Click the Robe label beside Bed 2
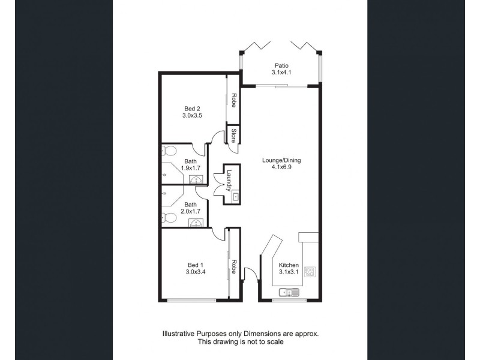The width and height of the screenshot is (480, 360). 233,100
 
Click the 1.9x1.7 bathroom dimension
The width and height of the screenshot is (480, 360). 191,169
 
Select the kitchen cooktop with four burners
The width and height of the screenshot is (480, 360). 311,272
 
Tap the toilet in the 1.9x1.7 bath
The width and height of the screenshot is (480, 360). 168,151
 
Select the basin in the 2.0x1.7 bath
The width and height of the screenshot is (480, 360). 195,222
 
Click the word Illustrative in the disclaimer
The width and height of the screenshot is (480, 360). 180,333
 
